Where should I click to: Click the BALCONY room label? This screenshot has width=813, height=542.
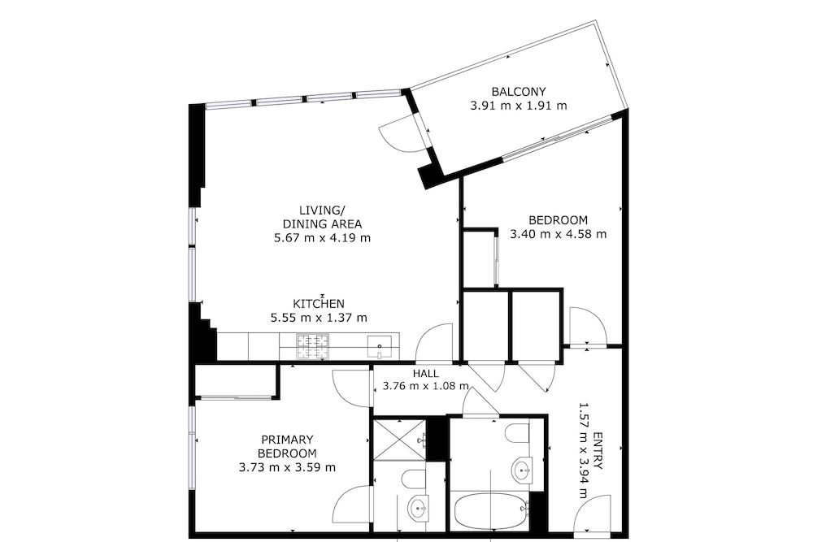coord(519,92)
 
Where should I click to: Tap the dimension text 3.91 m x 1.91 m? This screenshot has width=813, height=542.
coord(519,106)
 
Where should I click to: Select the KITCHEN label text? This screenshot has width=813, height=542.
coord(319,304)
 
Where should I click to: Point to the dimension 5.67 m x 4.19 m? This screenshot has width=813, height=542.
coord(322,238)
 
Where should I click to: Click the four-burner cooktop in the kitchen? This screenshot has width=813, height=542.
coord(313,347)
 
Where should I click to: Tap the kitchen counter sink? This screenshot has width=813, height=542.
coord(380,347)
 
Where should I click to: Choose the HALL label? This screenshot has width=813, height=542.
coord(426,374)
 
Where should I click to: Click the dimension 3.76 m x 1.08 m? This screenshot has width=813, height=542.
coord(426,386)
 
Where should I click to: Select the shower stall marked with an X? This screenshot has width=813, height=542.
coord(400,439)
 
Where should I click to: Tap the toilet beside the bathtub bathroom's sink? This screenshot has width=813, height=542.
coord(517,434)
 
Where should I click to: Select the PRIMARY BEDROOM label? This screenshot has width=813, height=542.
coord(287,447)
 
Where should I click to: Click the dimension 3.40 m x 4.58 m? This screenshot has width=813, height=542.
coord(559,234)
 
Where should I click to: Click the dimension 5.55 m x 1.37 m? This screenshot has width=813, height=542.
coord(319,318)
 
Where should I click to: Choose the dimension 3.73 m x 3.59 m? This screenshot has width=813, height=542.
coord(287,468)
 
